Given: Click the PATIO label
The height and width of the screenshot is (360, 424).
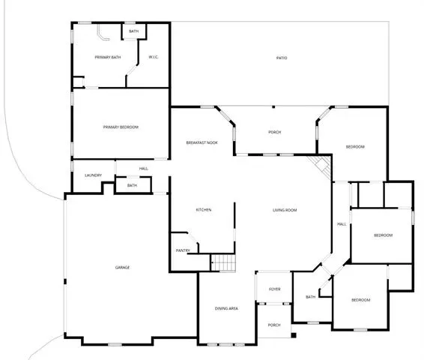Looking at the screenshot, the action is click(x=282, y=58).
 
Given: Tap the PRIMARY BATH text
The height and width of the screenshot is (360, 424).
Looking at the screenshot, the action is click(x=108, y=57).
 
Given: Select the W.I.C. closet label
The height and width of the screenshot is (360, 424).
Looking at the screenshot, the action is click(x=154, y=57).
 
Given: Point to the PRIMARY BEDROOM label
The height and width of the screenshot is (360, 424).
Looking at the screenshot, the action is click(x=121, y=127).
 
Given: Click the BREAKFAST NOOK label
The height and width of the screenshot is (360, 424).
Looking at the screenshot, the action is click(x=202, y=142).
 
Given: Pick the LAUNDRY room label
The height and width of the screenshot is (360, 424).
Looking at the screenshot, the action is click(x=94, y=175).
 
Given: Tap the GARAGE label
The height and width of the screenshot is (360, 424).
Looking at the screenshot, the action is click(x=122, y=268).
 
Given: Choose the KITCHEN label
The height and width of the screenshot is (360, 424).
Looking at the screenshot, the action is click(x=204, y=210).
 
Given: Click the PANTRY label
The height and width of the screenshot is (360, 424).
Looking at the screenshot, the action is click(x=183, y=250).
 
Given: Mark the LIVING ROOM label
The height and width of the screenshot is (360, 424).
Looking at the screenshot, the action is click(x=285, y=210).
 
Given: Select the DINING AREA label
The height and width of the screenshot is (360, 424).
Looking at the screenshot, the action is click(x=226, y=308).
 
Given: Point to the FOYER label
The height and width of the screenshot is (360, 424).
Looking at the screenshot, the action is click(x=275, y=289).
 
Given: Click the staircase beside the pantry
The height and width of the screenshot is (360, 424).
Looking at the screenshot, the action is click(x=222, y=262).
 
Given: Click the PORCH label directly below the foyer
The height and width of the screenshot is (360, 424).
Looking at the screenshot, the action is click(x=274, y=325).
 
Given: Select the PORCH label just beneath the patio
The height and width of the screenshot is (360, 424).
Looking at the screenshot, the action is click(x=274, y=132).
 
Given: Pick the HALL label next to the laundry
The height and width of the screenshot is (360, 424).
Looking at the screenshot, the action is click(x=144, y=169).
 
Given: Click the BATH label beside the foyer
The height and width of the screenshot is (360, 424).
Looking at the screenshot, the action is click(x=310, y=297).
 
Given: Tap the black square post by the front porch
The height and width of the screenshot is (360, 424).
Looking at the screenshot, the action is click(x=294, y=335).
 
